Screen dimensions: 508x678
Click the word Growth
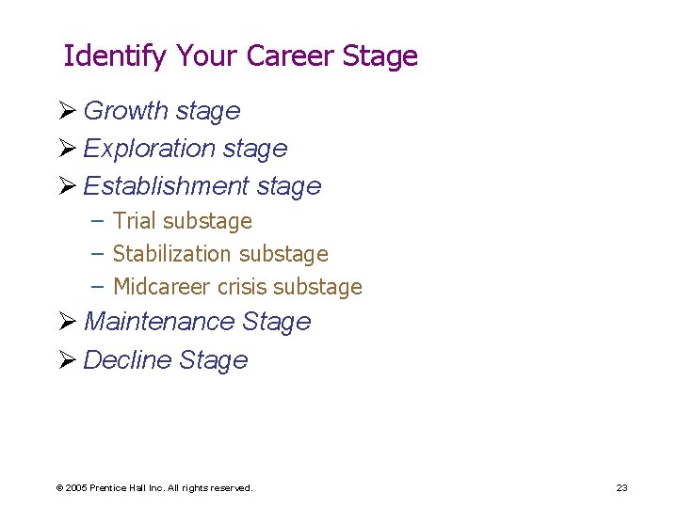point(122,111)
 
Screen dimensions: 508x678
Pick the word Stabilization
point(172,254)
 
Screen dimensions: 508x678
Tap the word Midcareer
point(160,287)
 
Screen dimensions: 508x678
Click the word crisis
point(240,287)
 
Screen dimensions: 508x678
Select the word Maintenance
point(159,322)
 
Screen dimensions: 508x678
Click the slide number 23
point(621,487)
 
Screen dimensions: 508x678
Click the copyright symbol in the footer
point(59,488)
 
